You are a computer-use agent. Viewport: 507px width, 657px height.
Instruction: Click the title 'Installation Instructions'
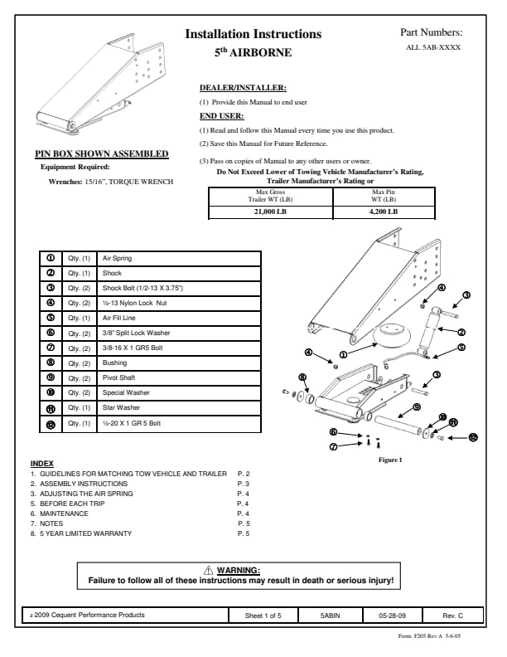pos(253,35)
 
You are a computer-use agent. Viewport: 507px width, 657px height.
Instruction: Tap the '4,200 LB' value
pos(383,212)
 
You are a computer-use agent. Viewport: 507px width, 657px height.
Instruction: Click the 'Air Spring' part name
pos(117,259)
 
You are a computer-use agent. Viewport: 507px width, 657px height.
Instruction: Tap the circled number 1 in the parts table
pos(51,259)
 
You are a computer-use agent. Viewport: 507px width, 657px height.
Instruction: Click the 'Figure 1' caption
pos(389,460)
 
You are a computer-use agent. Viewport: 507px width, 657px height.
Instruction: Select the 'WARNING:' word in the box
pos(238,570)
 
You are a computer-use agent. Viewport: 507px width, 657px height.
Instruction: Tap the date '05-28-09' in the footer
pos(392,616)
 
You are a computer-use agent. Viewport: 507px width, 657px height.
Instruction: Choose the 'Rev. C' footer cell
pos(452,616)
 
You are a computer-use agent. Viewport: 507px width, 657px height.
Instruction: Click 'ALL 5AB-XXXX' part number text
pos(433,48)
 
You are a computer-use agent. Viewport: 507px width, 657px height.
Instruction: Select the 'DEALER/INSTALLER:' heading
pos(244,87)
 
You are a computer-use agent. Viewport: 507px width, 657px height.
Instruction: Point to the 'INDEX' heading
pos(41,463)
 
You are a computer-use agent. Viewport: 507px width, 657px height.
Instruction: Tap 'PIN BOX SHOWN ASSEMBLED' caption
pos(101,153)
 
